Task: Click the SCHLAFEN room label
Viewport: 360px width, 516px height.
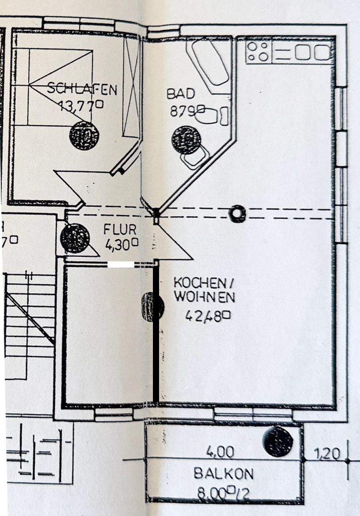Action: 82,89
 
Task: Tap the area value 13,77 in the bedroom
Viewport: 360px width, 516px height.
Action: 81,105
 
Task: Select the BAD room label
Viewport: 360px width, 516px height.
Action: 180,93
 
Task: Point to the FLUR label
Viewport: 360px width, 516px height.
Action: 120,229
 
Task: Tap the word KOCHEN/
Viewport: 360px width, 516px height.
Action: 203,282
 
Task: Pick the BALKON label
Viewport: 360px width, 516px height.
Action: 223,474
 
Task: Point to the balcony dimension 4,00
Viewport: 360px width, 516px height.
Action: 220,452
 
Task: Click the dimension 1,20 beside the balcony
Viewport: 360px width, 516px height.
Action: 327,453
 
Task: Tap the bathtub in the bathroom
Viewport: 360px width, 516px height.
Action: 209,63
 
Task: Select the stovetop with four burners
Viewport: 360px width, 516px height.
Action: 258,51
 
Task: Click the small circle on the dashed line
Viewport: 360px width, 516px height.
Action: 238,214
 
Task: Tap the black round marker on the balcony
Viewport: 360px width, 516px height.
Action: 278,441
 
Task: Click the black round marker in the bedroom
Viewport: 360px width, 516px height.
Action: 84,135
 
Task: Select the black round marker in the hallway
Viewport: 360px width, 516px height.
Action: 74,238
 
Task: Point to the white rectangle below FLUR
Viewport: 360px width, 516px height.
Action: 121,264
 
